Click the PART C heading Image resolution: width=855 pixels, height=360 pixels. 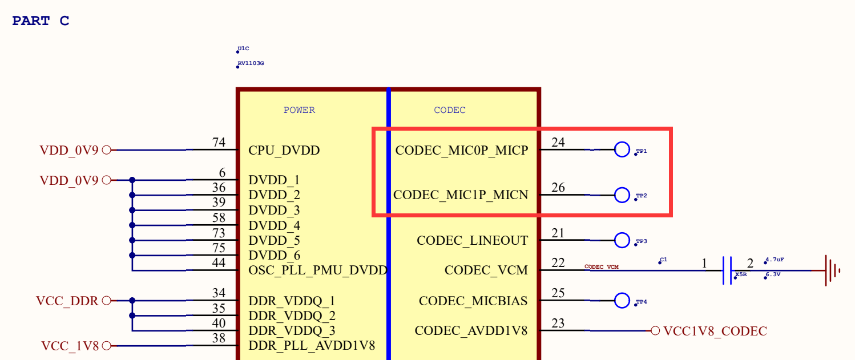pos(41,21)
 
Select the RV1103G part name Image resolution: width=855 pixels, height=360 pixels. pos(251,63)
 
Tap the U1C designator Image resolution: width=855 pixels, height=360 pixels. pos(243,48)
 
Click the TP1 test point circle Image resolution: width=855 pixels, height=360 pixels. pos(622,142)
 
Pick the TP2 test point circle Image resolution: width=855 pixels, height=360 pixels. pos(622,187)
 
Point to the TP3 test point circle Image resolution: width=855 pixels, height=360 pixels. pos(622,233)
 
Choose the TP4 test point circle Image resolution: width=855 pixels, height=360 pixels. pos(622,293)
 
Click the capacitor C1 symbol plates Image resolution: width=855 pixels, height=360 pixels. pos(727,270)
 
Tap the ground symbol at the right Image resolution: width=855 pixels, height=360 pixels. pos(832,270)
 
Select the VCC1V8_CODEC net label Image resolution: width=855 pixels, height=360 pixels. pos(715,331)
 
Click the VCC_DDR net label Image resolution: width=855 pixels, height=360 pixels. pos(67,301)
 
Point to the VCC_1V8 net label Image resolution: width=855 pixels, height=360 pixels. pos(70,346)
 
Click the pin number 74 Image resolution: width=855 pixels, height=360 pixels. pos(219,142)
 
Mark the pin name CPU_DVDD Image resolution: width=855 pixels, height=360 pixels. pos(284,150)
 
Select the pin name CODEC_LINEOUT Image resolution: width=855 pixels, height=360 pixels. pos(472,241)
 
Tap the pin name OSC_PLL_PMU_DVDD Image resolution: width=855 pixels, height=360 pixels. pos(318,270)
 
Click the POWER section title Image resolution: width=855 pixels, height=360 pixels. pos(299,110)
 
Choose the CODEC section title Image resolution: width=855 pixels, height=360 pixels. pos(450,110)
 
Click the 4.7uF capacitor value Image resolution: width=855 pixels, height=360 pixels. pos(775,260)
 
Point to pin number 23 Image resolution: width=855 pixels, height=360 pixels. pos(558,323)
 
